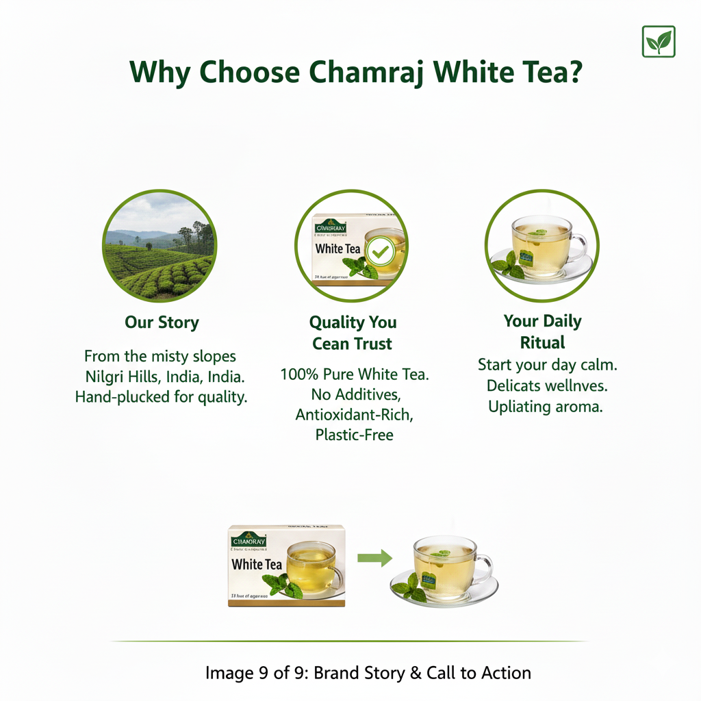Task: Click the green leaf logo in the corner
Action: click(659, 42)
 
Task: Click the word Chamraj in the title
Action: click(368, 72)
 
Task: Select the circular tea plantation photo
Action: click(159, 246)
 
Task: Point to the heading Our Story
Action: click(162, 322)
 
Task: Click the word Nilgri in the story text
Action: click(108, 377)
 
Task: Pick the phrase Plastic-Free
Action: click(354, 435)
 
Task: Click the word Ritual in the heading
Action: click(542, 342)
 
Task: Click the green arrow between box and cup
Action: click(376, 558)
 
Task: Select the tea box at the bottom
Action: click(287, 565)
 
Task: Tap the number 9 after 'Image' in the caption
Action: click(262, 673)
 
